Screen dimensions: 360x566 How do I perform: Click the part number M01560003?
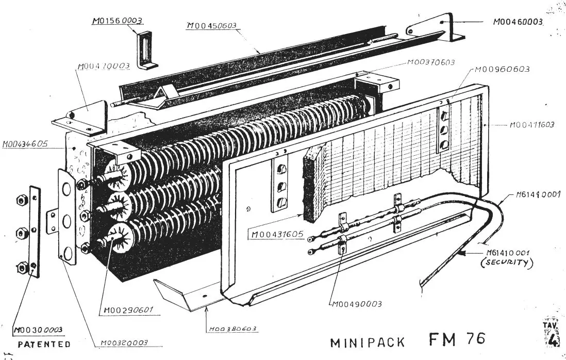[117, 21]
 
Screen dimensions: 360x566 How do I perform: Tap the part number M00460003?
[518, 22]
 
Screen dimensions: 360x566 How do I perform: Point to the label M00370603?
[430, 62]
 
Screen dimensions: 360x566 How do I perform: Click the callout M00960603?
[502, 69]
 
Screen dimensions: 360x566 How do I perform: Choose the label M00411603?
[532, 125]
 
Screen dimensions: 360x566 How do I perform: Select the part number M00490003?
[356, 304]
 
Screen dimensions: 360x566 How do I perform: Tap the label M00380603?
[233, 329]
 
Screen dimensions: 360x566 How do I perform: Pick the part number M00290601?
[126, 310]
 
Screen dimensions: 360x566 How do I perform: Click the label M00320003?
[124, 342]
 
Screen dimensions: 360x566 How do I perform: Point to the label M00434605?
[25, 144]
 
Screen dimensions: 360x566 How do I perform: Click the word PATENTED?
[44, 344]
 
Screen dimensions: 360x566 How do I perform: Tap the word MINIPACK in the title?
[367, 342]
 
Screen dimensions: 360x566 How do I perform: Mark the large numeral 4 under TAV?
[552, 340]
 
